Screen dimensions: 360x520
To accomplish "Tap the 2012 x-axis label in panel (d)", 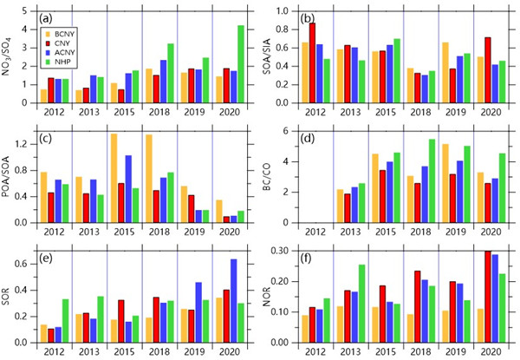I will point(323,231).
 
